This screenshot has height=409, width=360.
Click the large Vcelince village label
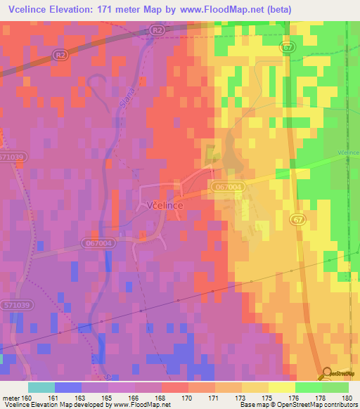click(166, 204)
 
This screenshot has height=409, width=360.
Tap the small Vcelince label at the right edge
click(347, 152)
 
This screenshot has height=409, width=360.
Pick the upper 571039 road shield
click(13, 157)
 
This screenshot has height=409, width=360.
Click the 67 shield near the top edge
click(287, 46)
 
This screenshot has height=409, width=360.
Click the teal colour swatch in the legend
click(41, 387)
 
